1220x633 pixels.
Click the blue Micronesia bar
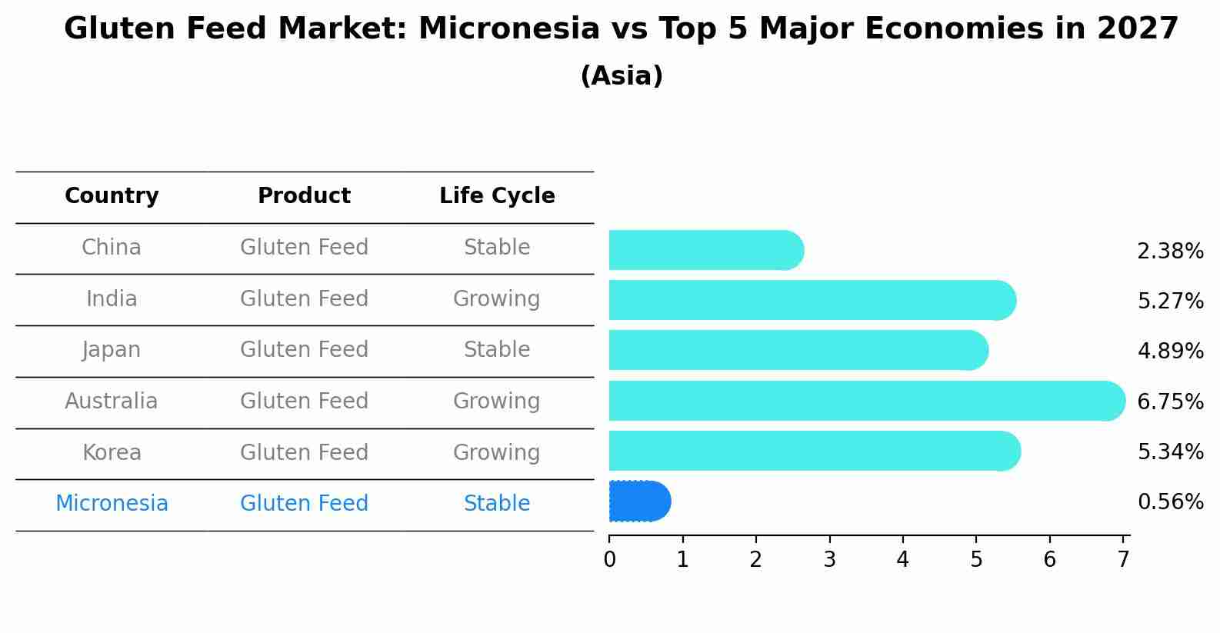point(638,501)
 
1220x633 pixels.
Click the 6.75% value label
point(1169,402)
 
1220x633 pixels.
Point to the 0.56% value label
point(1169,502)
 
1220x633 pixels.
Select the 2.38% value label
point(1169,252)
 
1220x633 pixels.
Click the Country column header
point(112,196)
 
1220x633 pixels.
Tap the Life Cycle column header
point(497,196)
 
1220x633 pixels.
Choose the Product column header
point(304,196)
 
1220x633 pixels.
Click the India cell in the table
point(112,299)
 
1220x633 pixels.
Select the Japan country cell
point(112,350)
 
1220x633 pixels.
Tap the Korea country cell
point(112,452)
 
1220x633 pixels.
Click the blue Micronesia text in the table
point(112,504)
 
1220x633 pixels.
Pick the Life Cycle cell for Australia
point(496,401)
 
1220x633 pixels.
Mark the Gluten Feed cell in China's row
point(304,248)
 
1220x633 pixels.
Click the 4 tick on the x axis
point(902,560)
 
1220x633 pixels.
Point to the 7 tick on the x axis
point(1123,560)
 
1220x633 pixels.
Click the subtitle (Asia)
point(622,76)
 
